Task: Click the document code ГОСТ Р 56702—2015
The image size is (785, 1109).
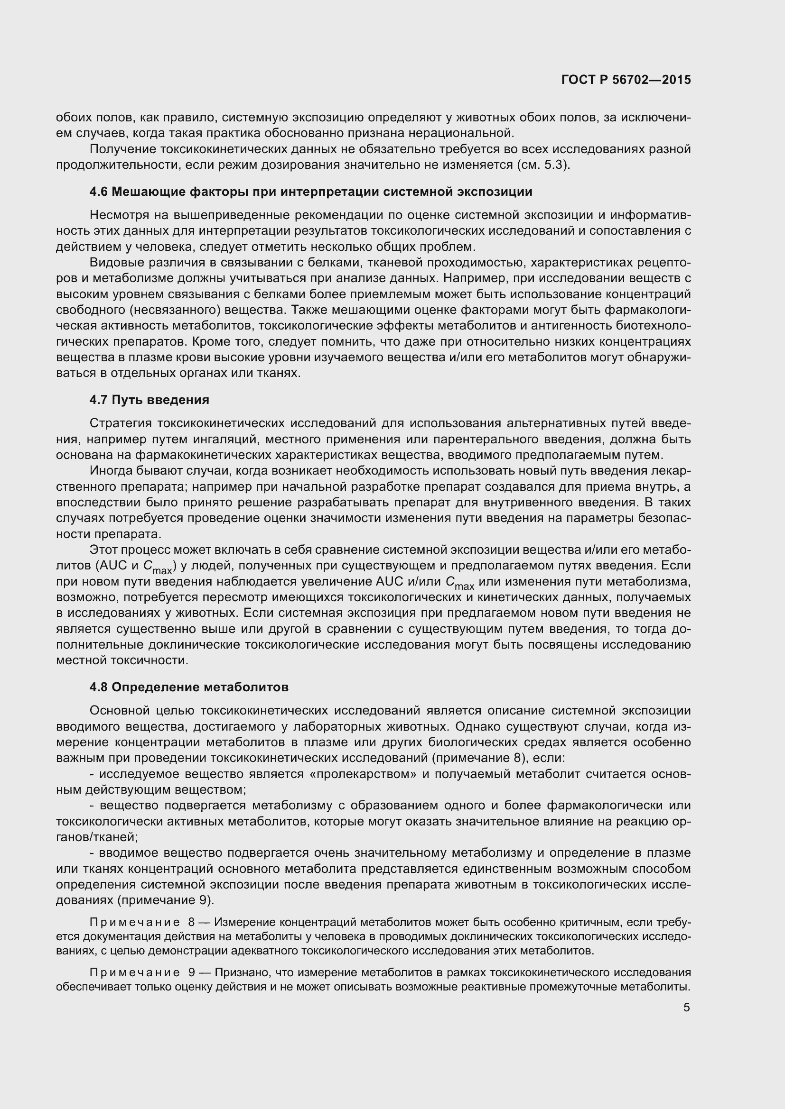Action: (626, 80)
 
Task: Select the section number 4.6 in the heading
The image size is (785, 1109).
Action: (99, 192)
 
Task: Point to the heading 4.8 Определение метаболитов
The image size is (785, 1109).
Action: (188, 687)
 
